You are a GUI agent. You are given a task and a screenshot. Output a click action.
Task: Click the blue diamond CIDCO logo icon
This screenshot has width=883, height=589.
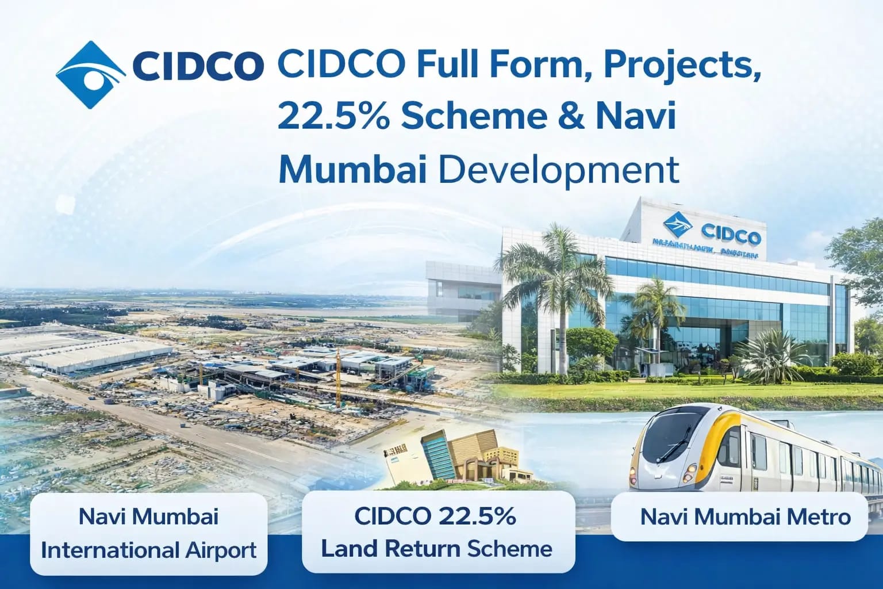(90, 75)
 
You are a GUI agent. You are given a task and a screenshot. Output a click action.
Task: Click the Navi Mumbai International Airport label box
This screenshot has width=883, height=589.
(148, 533)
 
